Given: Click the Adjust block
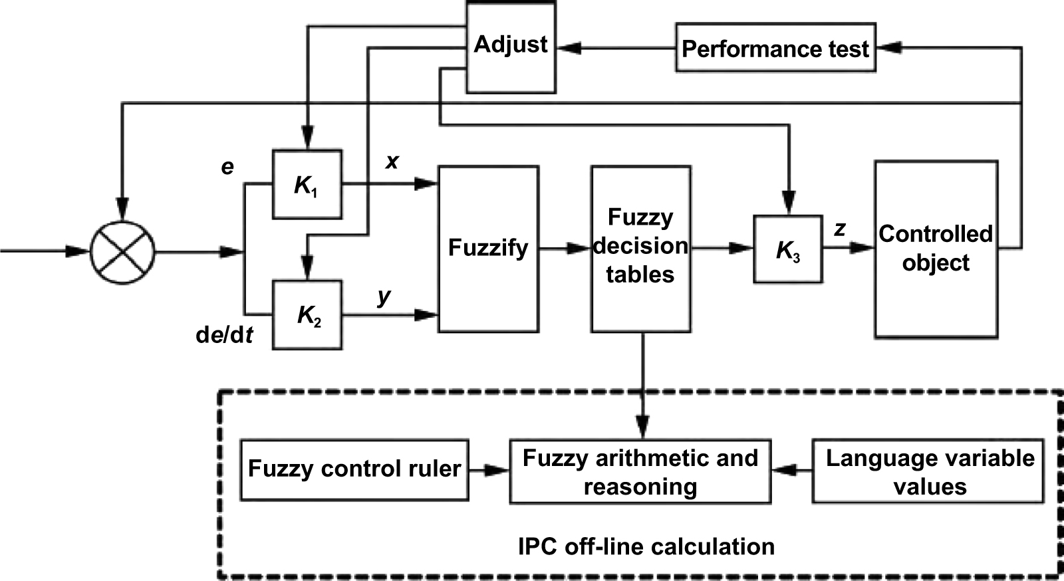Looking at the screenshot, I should (x=511, y=47).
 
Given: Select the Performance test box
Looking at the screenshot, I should (x=775, y=49).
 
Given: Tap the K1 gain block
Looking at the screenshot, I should (x=307, y=185).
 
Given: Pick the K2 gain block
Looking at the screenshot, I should (x=307, y=315).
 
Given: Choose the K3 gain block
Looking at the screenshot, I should (x=787, y=249).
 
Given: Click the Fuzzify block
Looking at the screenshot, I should (x=487, y=249).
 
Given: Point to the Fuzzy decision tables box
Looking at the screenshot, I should (x=640, y=249).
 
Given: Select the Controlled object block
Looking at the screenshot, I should (x=936, y=249).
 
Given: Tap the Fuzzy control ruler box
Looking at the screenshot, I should (x=354, y=469).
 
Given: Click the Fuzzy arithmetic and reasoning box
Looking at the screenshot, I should (x=640, y=472).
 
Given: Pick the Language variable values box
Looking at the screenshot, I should (x=928, y=471).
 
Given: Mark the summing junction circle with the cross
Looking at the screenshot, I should (x=122, y=252).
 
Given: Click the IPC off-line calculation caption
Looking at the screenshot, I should (x=646, y=546).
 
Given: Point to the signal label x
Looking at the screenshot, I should (x=392, y=161).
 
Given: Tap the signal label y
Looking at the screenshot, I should (x=384, y=296).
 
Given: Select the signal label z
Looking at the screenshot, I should (x=840, y=229).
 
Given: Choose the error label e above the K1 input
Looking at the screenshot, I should (x=227, y=167).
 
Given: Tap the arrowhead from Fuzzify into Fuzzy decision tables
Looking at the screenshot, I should (x=581, y=249).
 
